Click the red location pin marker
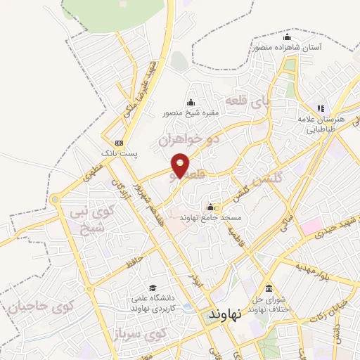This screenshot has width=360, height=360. coord(181,166)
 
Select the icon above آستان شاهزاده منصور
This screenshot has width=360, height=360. coord(286,37)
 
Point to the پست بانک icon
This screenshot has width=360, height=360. coord(119,141)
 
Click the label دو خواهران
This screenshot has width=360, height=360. coord(188,139)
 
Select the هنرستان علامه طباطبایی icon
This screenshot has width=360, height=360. coord(321,108)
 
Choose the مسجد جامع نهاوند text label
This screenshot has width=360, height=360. coord(212,219)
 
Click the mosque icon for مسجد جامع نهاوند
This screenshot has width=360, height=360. coord(210,207)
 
